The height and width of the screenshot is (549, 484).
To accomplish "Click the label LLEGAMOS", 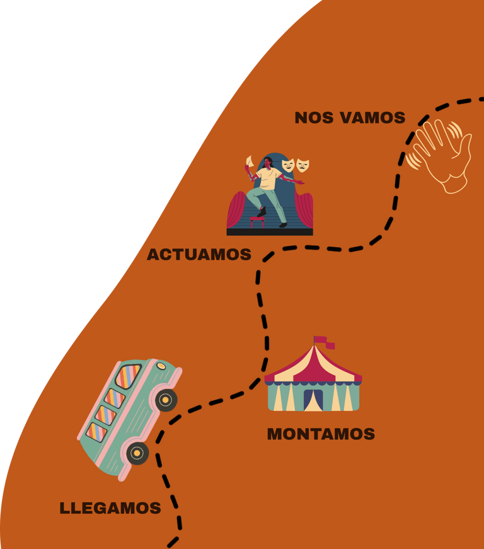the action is [x=110, y=508].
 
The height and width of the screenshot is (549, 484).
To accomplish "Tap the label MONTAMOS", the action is [x=321, y=434].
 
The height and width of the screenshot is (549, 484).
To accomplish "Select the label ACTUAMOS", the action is [x=199, y=255].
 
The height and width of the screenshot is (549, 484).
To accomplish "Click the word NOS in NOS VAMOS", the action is [x=314, y=118].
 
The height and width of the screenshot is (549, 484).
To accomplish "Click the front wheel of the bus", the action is [x=166, y=399].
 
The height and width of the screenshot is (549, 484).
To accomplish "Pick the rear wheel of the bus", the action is [x=137, y=452].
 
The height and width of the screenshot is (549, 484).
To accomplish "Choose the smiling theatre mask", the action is [x=288, y=165].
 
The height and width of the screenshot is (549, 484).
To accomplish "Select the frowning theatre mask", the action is [x=303, y=166].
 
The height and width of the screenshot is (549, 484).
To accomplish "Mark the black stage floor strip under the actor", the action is [x=270, y=231].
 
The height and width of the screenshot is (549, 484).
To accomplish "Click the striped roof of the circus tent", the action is [x=313, y=364].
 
